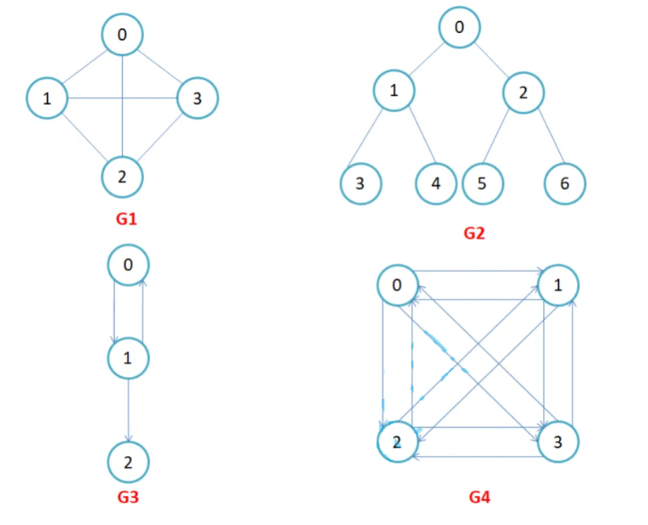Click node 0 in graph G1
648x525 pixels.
[x=122, y=34]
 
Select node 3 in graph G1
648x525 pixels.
[x=197, y=99]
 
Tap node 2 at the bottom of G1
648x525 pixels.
[x=122, y=176]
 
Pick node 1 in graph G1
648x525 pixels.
[x=47, y=99]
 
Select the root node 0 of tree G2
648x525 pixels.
[x=460, y=27]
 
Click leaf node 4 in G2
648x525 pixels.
[x=436, y=183]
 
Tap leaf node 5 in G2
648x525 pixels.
[x=482, y=183]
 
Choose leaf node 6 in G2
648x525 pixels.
[x=564, y=183]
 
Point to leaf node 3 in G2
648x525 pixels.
[x=360, y=183]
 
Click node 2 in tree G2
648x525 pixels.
[x=524, y=92]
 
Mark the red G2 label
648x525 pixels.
[x=473, y=233]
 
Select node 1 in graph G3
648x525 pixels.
[x=128, y=358]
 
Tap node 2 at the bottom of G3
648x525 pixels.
[x=128, y=462]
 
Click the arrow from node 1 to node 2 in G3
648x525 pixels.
[x=128, y=410]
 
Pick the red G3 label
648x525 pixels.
[x=128, y=498]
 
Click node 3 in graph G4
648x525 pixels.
[x=559, y=443]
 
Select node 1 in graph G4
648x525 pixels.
[x=559, y=285]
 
